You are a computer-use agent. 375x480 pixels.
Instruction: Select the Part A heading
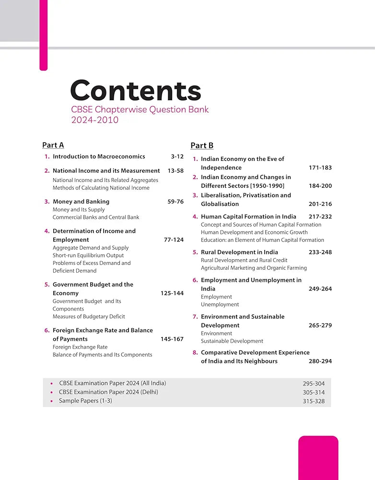pos(53,145)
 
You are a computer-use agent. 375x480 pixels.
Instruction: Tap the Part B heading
pos(202,145)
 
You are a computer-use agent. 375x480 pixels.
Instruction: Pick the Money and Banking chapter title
pos(81,202)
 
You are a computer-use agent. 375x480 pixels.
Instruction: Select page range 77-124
pos(174,240)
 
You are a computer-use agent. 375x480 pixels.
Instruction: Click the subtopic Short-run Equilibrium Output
pos(88,255)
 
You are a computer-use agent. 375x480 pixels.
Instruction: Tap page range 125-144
pos(172,293)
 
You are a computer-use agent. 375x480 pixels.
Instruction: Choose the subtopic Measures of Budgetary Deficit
pos(89,316)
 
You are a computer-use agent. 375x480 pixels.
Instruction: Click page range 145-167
pos(172,339)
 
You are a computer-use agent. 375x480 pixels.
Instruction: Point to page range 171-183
pos(320,168)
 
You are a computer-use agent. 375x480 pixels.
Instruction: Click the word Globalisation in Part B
pos(220,204)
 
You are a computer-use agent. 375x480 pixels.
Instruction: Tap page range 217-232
pos(320,216)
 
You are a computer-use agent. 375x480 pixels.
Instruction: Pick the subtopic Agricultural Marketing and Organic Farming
pos(254,268)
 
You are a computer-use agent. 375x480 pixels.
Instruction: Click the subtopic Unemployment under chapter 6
pos(220,304)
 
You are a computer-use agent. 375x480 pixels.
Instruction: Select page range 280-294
pos(320,361)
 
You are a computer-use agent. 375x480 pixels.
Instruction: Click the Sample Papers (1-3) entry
pos(85,400)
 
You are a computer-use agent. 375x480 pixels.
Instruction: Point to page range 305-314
pos(314,392)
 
